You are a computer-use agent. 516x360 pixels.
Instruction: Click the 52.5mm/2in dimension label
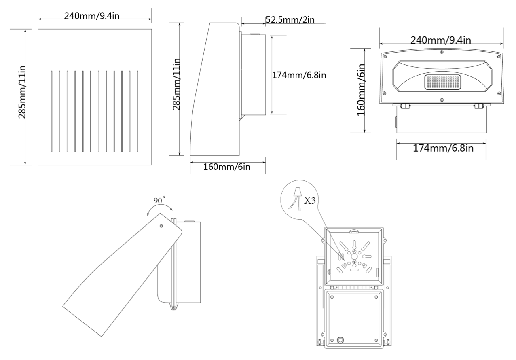[x=290, y=20]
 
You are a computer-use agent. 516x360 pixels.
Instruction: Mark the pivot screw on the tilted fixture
[x=161, y=227]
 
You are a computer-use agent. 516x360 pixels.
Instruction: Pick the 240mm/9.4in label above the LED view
[x=440, y=40]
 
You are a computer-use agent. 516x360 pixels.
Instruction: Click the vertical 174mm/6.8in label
[x=300, y=75]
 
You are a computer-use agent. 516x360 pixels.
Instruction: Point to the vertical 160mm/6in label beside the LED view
[x=362, y=90]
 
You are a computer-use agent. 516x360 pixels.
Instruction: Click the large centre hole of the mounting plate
[x=354, y=256]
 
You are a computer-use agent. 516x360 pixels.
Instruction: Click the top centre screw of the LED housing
[x=441, y=51]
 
